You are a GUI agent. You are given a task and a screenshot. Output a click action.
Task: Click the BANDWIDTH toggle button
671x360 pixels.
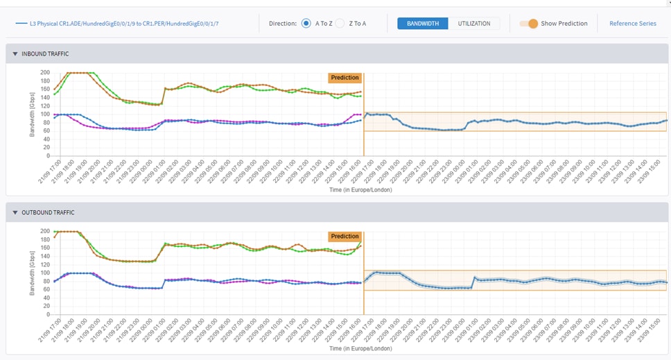pyautogui.click(x=423, y=24)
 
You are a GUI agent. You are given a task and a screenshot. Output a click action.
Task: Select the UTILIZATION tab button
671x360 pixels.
pyautogui.click(x=474, y=24)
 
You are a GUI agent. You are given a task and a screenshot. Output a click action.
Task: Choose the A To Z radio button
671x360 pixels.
pyautogui.click(x=306, y=24)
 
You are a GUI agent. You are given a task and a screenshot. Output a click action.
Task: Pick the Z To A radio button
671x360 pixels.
pyautogui.click(x=340, y=24)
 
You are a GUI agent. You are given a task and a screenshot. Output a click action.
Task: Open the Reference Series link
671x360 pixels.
pyautogui.click(x=632, y=24)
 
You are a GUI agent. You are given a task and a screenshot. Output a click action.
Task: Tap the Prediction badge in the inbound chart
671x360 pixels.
pyautogui.click(x=345, y=78)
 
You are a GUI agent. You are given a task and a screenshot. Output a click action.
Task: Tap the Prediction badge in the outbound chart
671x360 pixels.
pyautogui.click(x=345, y=237)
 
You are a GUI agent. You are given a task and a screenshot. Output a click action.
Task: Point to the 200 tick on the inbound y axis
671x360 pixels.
pyautogui.click(x=46, y=72)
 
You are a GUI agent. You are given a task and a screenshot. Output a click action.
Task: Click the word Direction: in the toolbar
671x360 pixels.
pyautogui.click(x=283, y=24)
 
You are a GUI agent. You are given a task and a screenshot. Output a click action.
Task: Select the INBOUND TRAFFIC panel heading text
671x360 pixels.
pyautogui.click(x=45, y=54)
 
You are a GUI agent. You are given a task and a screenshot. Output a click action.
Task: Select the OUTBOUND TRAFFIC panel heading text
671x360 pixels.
pyautogui.click(x=48, y=213)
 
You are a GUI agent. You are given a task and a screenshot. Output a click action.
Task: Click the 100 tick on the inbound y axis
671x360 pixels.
pyautogui.click(x=46, y=114)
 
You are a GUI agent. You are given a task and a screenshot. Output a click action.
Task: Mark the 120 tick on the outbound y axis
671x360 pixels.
pyautogui.click(x=46, y=264)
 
